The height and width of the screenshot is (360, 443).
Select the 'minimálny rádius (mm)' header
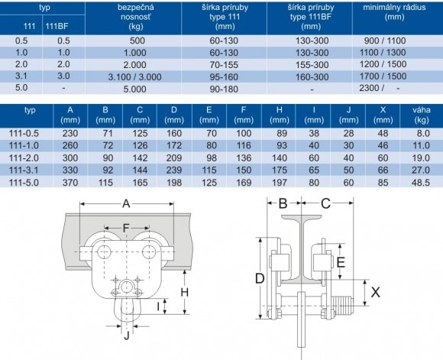click(394, 12)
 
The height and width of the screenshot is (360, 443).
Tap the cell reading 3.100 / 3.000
click(134, 77)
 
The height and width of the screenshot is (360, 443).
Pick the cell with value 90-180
click(224, 89)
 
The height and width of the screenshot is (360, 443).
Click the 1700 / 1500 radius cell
click(383, 76)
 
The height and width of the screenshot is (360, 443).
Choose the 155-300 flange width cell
click(312, 65)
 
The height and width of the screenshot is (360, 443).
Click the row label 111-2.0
click(24, 157)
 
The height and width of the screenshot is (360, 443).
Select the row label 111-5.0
click(24, 183)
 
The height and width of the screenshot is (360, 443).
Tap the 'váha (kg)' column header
click(422, 115)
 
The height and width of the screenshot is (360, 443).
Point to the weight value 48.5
click(421, 183)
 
